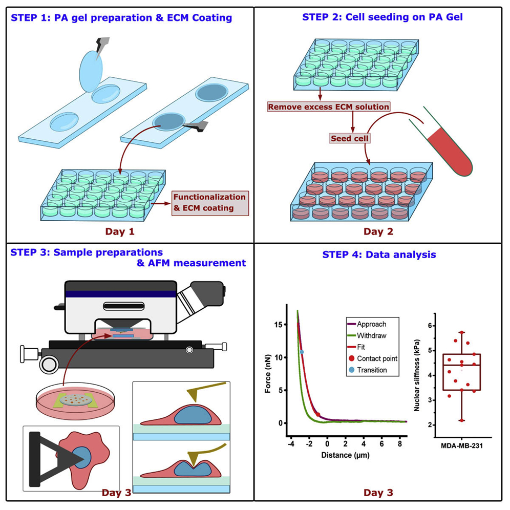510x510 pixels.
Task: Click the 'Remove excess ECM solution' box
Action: coord(328,107)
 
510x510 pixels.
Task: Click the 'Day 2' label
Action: coord(378,231)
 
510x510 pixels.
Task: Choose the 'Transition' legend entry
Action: coord(372,370)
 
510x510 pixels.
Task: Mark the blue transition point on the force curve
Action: coord(302,352)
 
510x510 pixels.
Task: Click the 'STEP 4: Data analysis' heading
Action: coord(379,254)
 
